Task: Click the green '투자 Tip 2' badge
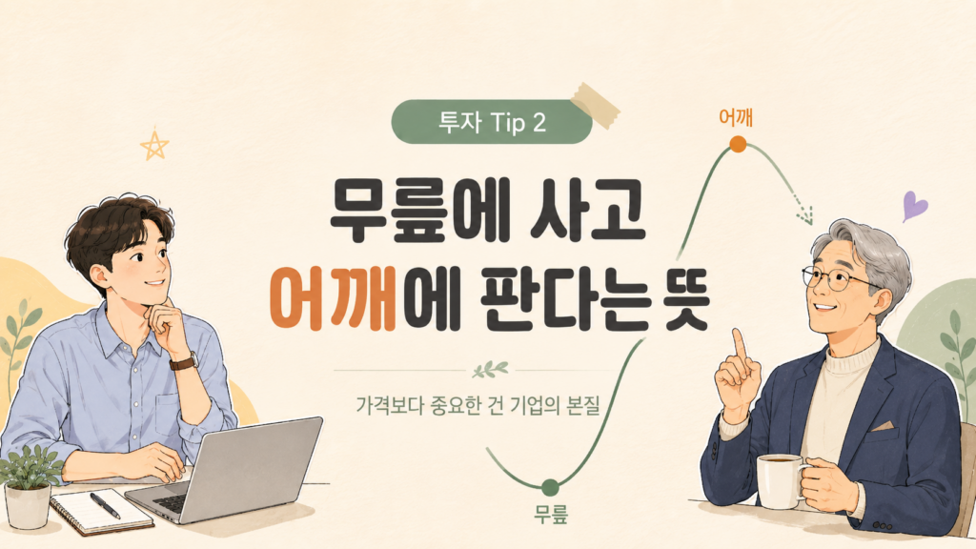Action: click(x=492, y=122)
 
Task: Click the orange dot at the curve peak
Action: click(x=738, y=145)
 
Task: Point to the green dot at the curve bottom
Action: click(x=550, y=487)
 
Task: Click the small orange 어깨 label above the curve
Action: click(x=736, y=117)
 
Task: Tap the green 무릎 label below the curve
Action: click(x=551, y=515)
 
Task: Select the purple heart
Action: click(x=914, y=206)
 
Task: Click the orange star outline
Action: click(x=154, y=145)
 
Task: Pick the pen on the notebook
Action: click(x=105, y=505)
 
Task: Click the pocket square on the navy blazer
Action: click(x=882, y=426)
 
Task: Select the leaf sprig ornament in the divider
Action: click(x=490, y=370)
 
